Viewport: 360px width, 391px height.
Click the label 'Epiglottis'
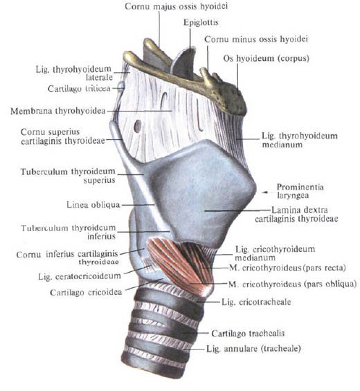click(201, 22)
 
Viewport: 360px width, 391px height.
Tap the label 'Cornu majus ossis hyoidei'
click(176, 6)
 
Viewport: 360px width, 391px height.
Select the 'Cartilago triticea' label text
click(79, 89)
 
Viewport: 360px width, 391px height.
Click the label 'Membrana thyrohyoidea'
click(58, 111)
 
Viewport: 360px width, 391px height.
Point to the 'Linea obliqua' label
click(93, 205)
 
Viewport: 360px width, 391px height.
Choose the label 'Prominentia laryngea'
click(300, 191)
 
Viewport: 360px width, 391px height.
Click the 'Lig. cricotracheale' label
click(256, 302)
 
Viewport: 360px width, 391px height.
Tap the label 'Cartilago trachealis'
click(248, 333)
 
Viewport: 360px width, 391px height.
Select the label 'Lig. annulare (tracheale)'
click(253, 348)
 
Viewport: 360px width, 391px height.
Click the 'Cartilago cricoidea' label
click(86, 292)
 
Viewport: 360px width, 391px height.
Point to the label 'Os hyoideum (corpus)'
click(267, 59)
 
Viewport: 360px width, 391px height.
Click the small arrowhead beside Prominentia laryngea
click(264, 192)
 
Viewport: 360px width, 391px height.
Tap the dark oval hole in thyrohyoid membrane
click(138, 126)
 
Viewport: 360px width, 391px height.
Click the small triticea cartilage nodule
click(121, 87)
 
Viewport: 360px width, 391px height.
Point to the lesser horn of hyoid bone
click(206, 76)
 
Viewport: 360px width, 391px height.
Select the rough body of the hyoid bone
click(232, 98)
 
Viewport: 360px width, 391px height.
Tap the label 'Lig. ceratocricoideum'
click(80, 276)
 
